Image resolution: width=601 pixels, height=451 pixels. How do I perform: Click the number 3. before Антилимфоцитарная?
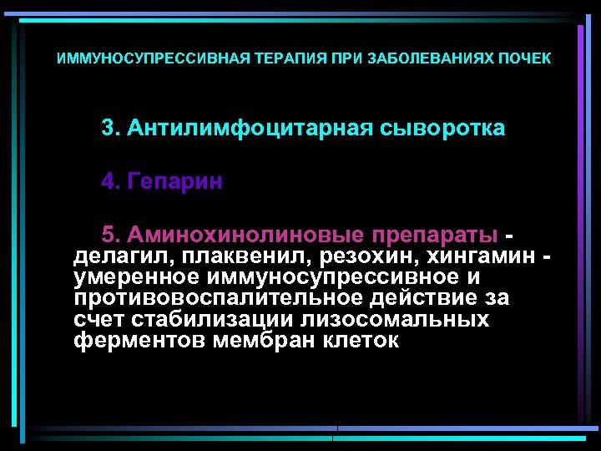point(111,129)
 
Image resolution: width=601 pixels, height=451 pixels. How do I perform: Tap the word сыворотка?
point(442,129)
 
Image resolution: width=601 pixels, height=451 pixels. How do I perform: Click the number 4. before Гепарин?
point(111,182)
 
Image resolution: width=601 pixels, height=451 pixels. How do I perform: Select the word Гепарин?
point(175,182)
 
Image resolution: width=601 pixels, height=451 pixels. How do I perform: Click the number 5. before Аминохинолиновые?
point(111,233)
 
